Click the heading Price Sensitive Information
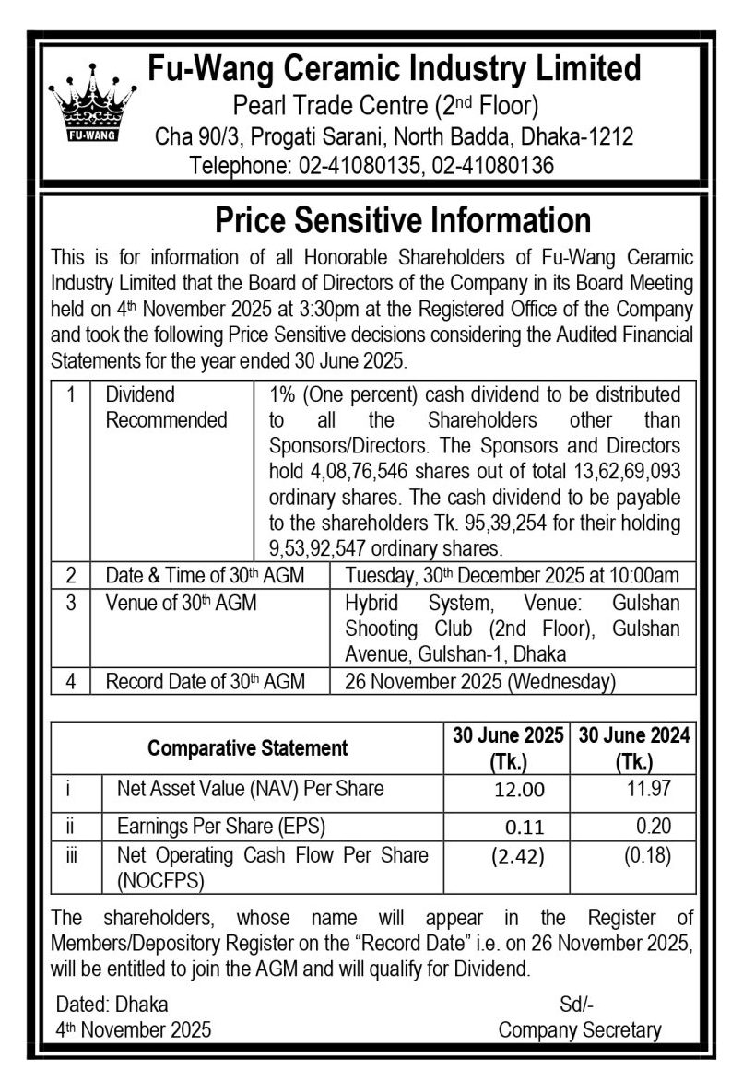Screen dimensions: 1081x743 (x=402, y=221)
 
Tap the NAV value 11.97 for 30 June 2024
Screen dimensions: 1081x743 (x=646, y=789)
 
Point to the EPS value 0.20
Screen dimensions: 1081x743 (x=653, y=826)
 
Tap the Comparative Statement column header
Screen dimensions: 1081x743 (x=247, y=747)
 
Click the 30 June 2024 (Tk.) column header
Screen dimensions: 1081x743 (x=633, y=747)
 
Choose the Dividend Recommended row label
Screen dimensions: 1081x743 (x=166, y=407)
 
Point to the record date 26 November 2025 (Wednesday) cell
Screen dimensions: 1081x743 (x=478, y=682)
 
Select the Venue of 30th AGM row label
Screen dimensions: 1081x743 (x=181, y=604)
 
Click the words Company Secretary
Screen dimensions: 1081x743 (x=579, y=1029)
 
